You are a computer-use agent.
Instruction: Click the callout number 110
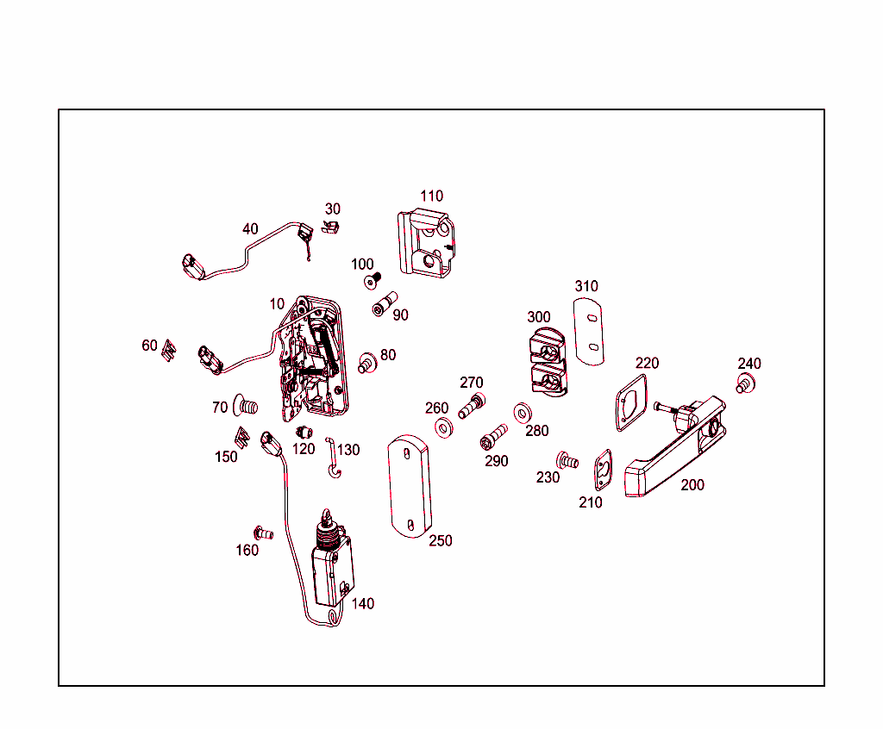click(431, 196)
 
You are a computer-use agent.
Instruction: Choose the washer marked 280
click(523, 412)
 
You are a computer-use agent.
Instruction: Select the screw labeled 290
click(493, 436)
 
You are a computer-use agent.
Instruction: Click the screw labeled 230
click(567, 459)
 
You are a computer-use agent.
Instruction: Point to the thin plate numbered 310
click(590, 330)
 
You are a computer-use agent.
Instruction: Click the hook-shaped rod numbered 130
click(333, 457)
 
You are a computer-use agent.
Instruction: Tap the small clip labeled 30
click(331, 226)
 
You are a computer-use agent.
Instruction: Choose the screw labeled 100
click(373, 279)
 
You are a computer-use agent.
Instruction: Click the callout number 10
click(276, 304)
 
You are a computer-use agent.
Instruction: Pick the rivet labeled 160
click(263, 533)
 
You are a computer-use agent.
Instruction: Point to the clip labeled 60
click(169, 351)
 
